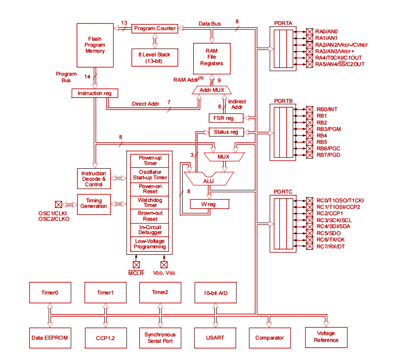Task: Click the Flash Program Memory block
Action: pyautogui.click(x=95, y=45)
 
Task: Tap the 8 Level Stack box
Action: pyautogui.click(x=154, y=57)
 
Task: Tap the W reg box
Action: pyautogui.click(x=209, y=204)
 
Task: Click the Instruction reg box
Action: pyautogui.click(x=95, y=93)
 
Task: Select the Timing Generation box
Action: pyautogui.click(x=94, y=204)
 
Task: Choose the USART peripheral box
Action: pyautogui.click(x=215, y=337)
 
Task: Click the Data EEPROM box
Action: pyautogui.click(x=50, y=337)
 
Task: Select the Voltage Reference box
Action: pyautogui.click(x=326, y=337)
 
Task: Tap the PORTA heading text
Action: pyautogui.click(x=283, y=23)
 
